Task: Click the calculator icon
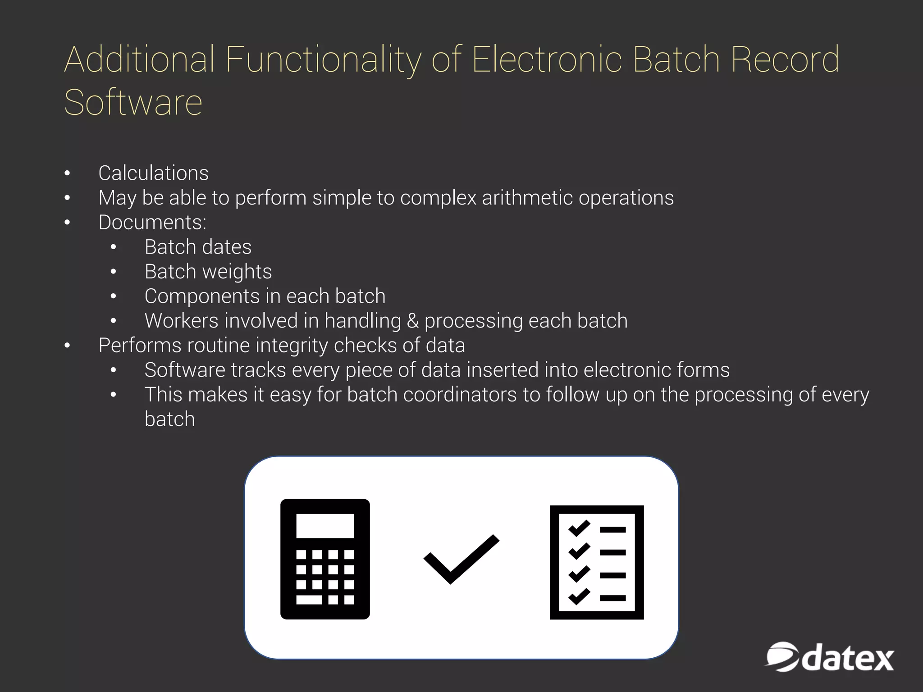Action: [325, 559]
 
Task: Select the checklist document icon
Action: [597, 562]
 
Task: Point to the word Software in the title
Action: [133, 103]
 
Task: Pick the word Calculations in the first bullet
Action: [153, 173]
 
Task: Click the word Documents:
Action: [152, 223]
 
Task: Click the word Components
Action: [202, 296]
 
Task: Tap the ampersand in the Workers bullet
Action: [412, 321]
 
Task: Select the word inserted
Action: [503, 370]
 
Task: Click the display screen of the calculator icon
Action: [325, 526]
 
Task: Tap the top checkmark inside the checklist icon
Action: [579, 528]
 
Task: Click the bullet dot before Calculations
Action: [67, 173]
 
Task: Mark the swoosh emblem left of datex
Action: [782, 657]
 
